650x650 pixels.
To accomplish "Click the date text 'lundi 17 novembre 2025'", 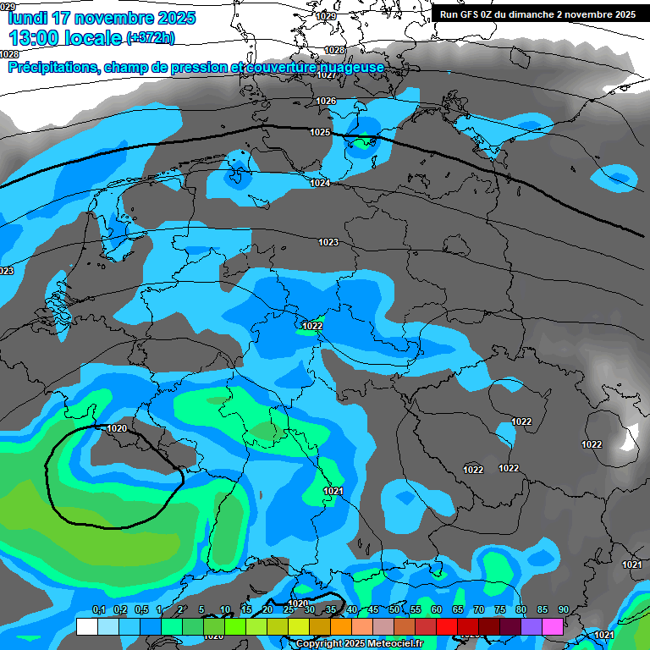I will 102,18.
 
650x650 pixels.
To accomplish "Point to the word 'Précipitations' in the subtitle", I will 51,67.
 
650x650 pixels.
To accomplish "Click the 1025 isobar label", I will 320,132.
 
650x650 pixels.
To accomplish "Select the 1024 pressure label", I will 320,183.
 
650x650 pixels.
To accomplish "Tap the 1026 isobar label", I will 326,101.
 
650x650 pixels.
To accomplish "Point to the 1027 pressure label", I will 327,74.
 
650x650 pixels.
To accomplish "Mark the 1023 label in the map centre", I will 328,242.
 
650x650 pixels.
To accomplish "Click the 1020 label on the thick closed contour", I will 117,428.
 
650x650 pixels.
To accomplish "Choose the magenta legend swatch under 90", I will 553,626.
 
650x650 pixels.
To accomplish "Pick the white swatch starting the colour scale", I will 86,626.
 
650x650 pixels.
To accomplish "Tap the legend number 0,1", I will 98,610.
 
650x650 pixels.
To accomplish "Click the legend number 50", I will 394,610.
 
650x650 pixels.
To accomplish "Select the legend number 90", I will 564,610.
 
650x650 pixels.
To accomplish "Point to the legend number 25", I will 289,610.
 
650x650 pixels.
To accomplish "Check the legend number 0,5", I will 140,610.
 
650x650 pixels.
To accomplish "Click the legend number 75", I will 500,610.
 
